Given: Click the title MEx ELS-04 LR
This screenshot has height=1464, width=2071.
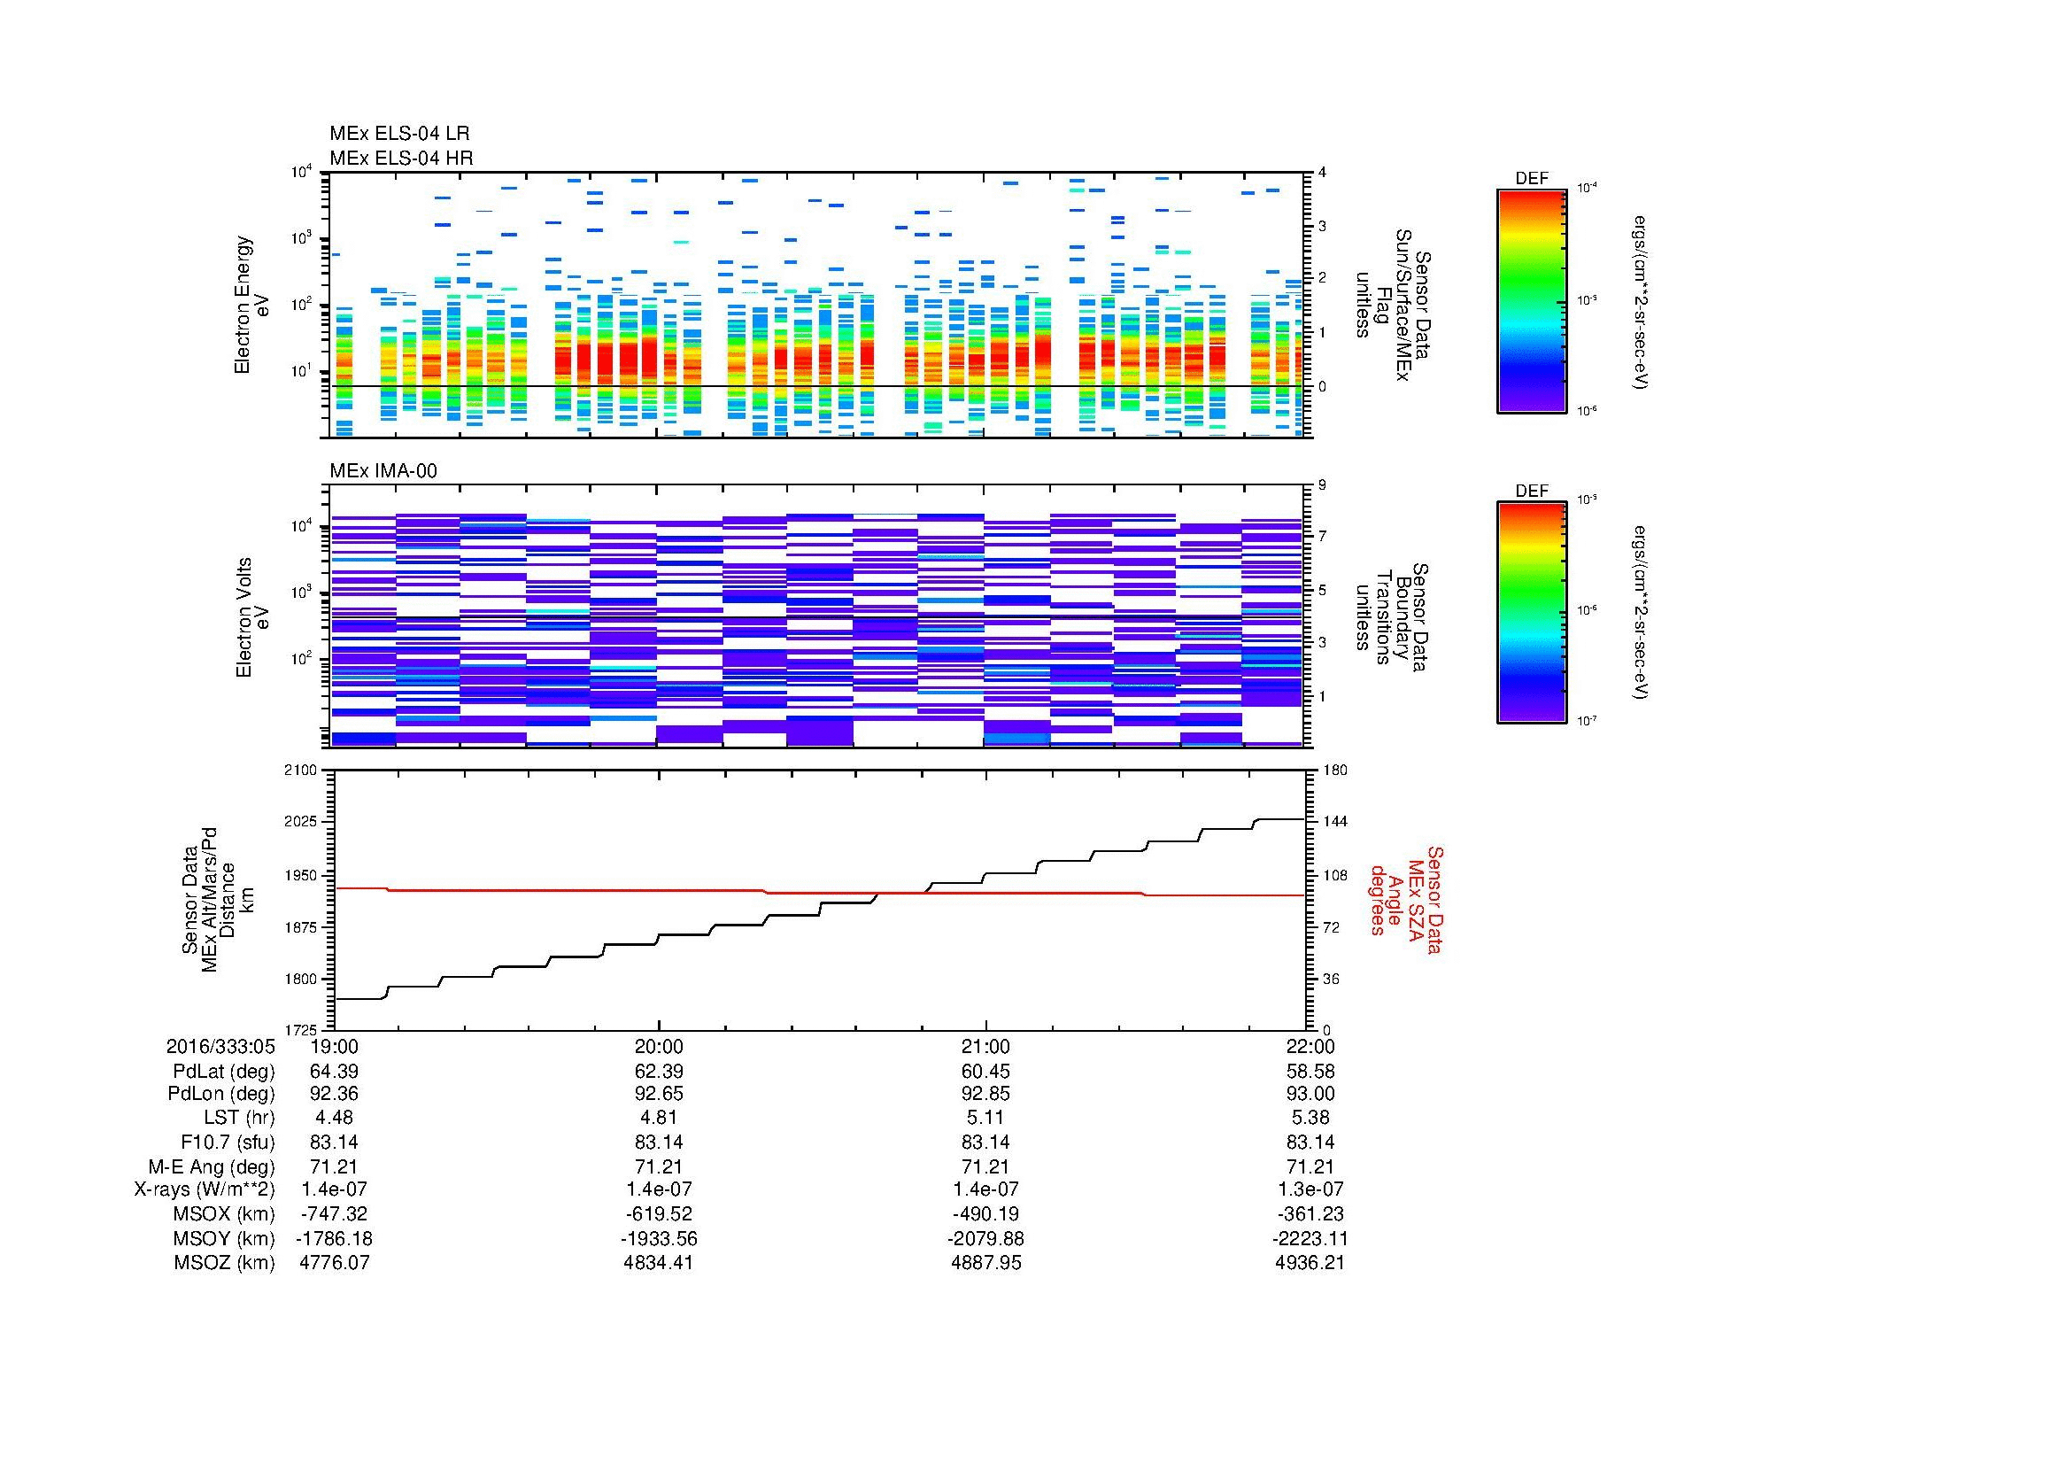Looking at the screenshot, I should pyautogui.click(x=398, y=134).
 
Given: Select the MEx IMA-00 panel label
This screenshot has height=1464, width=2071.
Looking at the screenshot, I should pyautogui.click(x=383, y=471).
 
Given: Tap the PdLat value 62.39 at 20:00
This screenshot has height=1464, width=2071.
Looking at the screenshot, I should pyautogui.click(x=660, y=1072).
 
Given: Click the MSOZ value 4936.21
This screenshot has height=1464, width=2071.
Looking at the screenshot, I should pyautogui.click(x=1310, y=1263).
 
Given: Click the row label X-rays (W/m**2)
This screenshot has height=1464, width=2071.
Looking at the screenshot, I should pyautogui.click(x=204, y=1189).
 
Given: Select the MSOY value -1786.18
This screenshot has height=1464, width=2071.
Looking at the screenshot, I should pyautogui.click(x=334, y=1238).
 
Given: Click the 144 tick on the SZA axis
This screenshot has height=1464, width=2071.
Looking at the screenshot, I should pyautogui.click(x=1334, y=823).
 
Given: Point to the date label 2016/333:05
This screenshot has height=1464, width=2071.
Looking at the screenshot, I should pyautogui.click(x=220, y=1047).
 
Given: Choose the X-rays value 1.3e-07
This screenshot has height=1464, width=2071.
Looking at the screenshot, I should pyautogui.click(x=1310, y=1189).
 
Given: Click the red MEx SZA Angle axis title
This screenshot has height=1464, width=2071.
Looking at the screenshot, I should pyautogui.click(x=1405, y=899).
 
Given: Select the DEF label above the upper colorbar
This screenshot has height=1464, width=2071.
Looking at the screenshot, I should pyautogui.click(x=1531, y=179).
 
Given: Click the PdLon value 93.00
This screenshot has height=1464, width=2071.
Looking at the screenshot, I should pyautogui.click(x=1310, y=1094).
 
